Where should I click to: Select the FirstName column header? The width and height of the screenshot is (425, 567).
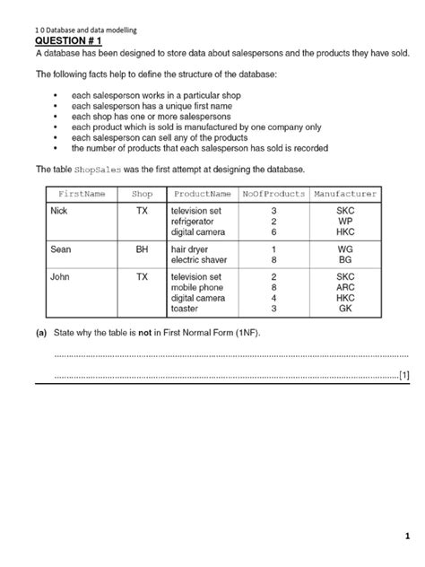tap(82, 194)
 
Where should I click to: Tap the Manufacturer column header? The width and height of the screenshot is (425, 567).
tap(345, 194)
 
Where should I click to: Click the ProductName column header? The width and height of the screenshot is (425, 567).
tap(203, 194)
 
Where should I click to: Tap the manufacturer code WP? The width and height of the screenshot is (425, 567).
tap(345, 221)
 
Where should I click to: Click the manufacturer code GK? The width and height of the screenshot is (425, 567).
tap(345, 308)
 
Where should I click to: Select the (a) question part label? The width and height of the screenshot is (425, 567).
tap(41, 334)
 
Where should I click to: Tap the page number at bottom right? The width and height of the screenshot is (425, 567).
tap(405, 536)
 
